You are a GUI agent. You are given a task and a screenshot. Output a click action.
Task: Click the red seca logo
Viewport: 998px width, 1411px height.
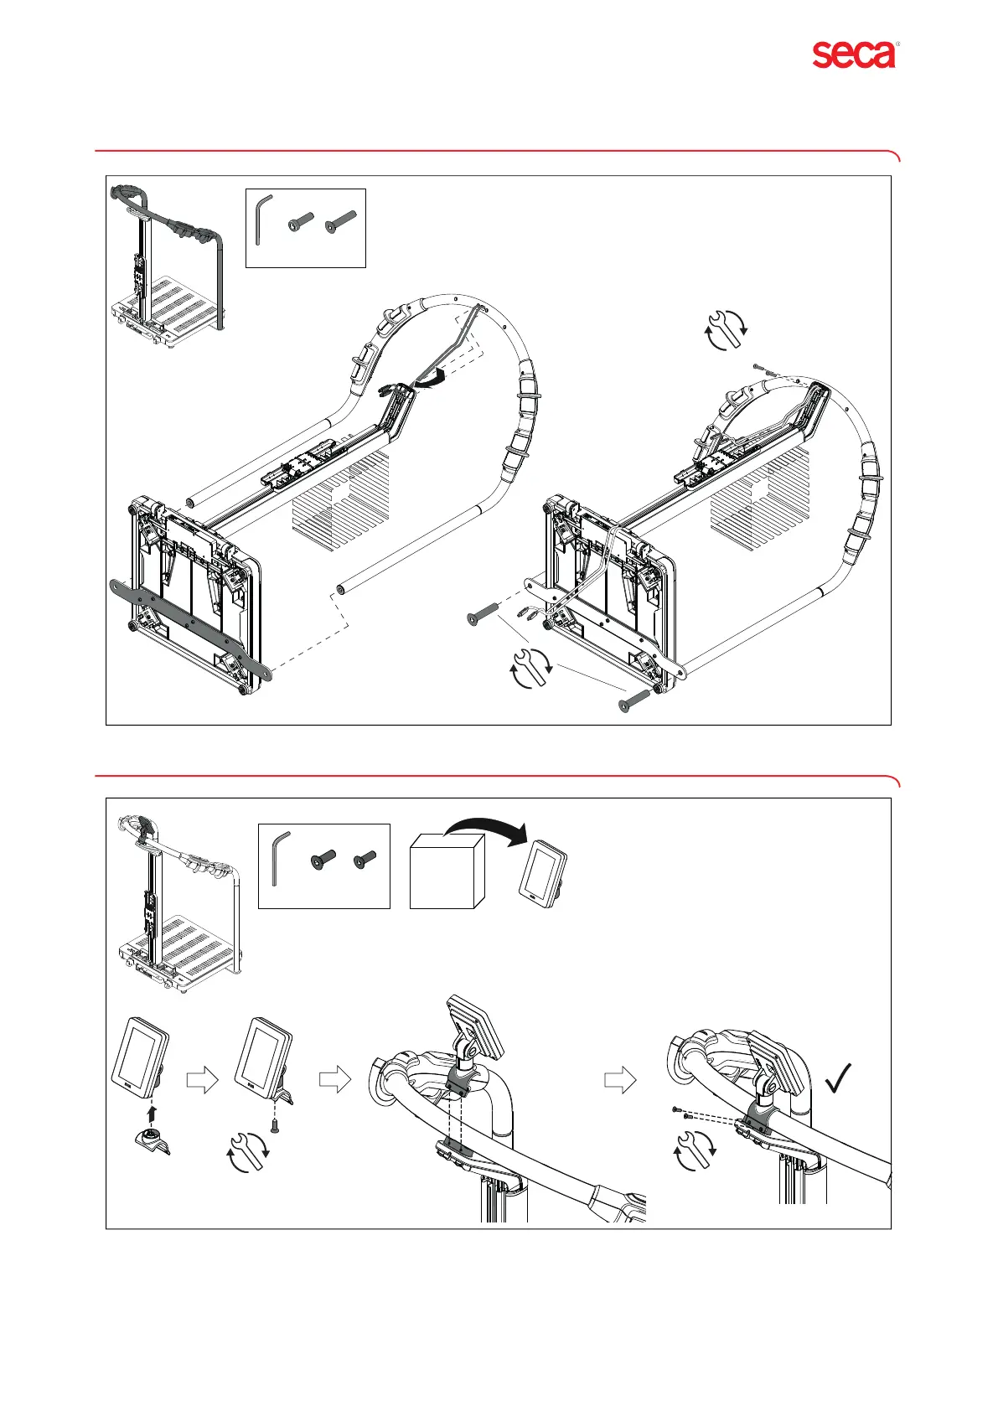[854, 54]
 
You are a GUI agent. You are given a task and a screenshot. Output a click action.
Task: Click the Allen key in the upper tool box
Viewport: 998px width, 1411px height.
[262, 220]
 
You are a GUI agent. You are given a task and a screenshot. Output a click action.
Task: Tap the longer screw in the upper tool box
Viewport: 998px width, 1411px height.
[341, 221]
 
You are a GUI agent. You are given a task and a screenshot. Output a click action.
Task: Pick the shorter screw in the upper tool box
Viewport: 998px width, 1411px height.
[301, 222]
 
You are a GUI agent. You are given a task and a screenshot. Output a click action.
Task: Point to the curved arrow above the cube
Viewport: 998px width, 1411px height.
[486, 829]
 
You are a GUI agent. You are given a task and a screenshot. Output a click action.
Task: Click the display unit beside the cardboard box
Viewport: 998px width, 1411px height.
[544, 870]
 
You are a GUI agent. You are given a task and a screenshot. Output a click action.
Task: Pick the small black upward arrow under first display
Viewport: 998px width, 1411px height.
[152, 1113]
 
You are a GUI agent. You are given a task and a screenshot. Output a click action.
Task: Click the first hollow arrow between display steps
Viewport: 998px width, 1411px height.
[201, 1080]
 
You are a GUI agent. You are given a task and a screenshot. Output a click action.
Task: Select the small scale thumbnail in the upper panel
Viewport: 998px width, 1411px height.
[168, 261]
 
